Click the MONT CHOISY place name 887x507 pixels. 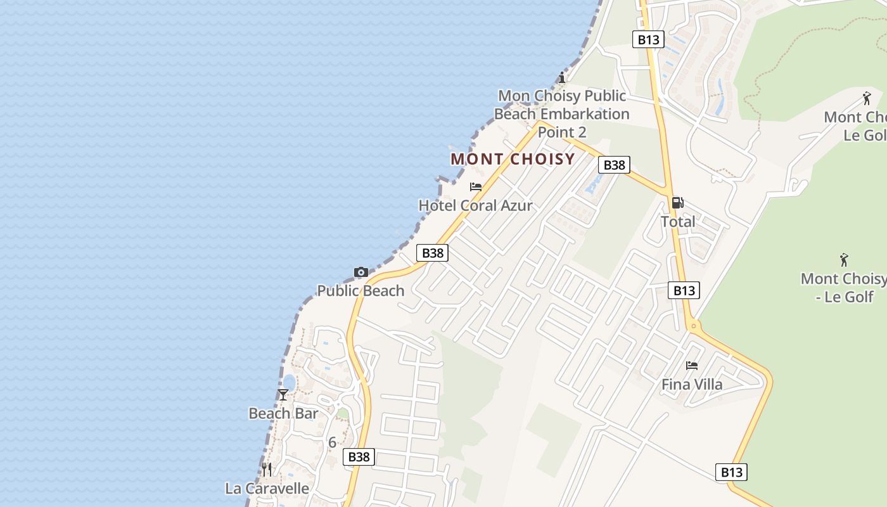[x=513, y=159]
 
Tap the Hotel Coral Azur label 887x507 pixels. [x=475, y=205]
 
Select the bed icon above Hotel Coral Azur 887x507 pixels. [x=476, y=187]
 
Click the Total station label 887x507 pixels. [x=678, y=222]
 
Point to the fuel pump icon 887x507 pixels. [x=677, y=203]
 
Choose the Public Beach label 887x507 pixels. [x=361, y=291]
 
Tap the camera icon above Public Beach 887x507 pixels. [x=361, y=273]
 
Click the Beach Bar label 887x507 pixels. [x=283, y=414]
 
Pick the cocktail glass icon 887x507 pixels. [x=283, y=395]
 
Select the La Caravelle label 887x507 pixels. [x=267, y=489]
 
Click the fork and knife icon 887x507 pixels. [x=267, y=470]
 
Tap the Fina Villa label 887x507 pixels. [x=692, y=385]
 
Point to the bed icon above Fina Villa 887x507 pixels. [x=692, y=366]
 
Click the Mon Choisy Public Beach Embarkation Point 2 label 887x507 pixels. [x=561, y=114]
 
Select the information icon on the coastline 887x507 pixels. [x=561, y=77]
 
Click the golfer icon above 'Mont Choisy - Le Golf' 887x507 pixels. [x=844, y=260]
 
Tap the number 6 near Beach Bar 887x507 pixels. [x=332, y=442]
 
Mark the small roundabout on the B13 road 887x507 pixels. [x=694, y=326]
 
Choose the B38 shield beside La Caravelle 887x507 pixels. [x=359, y=457]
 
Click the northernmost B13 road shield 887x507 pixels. [x=648, y=39]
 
